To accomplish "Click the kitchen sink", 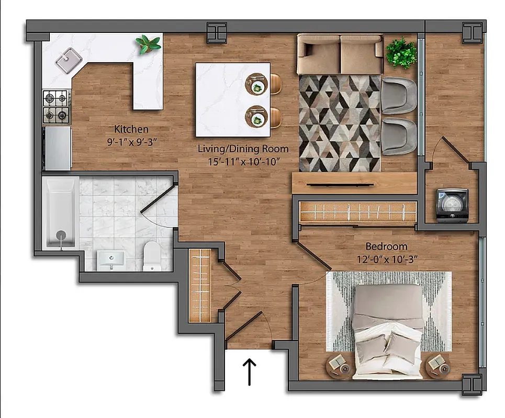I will point(66,60).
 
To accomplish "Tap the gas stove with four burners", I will point(56,107).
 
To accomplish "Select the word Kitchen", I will point(131,129).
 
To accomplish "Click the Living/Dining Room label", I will point(243,149).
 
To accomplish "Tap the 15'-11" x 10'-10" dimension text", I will point(243,161).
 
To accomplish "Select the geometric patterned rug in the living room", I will point(339,122).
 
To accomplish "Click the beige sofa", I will point(340,54).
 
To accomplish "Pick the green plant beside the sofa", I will point(401,52).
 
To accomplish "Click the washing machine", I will point(452,205).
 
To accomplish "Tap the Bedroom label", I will point(386,246).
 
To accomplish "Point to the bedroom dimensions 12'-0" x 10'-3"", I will point(386,258).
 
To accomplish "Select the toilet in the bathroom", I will point(152,256).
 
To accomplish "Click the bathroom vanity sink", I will point(111,260).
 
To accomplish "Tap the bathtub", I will point(60,213).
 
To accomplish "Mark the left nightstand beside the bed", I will point(339,364).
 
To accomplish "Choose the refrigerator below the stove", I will point(58,148).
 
